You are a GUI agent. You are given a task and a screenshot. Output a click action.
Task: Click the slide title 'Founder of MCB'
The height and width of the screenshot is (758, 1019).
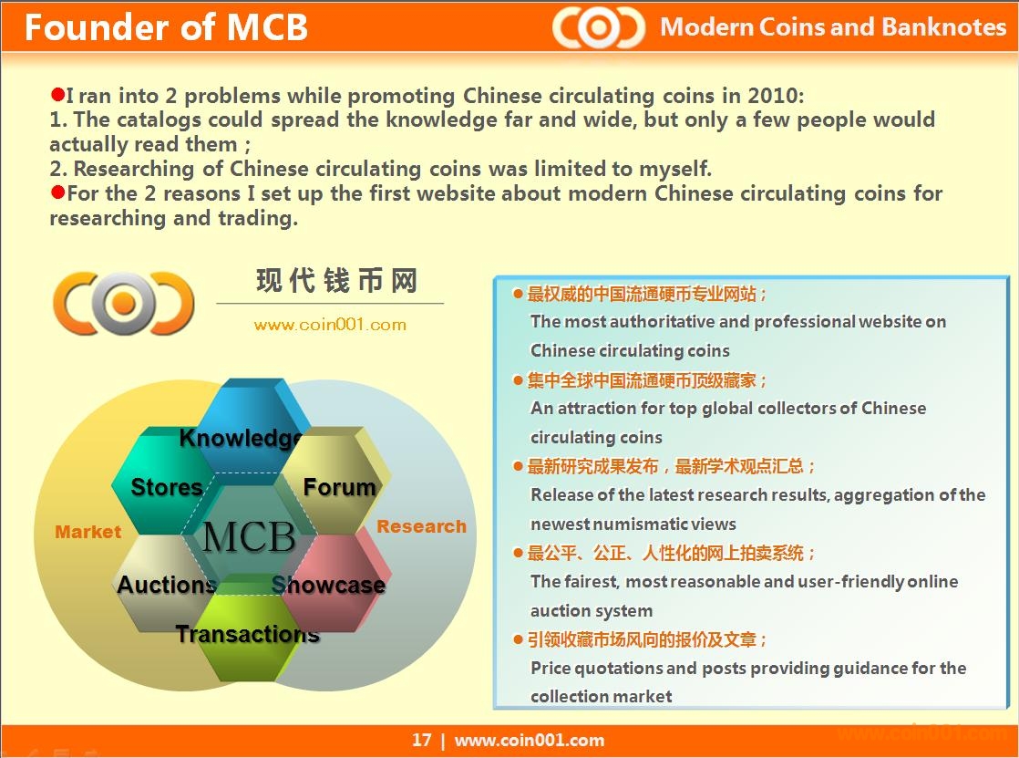coord(166,27)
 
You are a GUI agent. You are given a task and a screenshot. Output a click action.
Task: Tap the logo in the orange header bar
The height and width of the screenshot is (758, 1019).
coord(599,27)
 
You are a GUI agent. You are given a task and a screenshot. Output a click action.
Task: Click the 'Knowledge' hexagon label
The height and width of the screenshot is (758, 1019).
coord(241,438)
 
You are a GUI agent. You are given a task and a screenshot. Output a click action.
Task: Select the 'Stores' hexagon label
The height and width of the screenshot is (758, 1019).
coord(167,487)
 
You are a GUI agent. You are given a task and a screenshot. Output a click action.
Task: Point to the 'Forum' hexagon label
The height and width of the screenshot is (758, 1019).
coord(339,487)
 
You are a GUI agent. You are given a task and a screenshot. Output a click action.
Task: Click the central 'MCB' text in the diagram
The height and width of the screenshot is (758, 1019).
coord(249,536)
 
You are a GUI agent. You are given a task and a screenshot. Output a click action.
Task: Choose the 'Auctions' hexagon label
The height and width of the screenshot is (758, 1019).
coord(167,585)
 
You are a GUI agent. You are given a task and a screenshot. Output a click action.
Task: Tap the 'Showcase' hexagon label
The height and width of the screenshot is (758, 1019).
coord(328,585)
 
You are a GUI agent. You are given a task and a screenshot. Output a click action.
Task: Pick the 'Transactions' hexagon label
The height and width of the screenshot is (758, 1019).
coord(248,634)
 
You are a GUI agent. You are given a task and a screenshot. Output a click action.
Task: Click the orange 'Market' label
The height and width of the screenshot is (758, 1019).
coord(87,532)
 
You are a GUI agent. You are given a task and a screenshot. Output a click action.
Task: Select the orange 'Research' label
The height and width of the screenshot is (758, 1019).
coord(422,526)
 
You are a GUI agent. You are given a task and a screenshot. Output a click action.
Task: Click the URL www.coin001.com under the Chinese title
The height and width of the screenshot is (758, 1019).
coord(330,325)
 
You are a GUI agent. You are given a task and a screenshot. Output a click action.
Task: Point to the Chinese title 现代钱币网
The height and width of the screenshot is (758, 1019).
coord(336,281)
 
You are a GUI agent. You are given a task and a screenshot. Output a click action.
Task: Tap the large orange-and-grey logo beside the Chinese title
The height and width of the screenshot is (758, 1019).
coord(123,303)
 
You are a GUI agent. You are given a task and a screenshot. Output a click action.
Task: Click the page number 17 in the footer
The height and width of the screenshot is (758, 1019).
coord(421,740)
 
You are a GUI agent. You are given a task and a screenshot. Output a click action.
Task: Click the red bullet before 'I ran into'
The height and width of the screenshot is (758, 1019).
coord(57,94)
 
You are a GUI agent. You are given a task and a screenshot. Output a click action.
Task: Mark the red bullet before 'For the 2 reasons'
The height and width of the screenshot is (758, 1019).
coord(57,192)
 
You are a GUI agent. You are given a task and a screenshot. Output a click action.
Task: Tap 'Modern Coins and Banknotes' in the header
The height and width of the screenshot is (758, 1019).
coord(833,26)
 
